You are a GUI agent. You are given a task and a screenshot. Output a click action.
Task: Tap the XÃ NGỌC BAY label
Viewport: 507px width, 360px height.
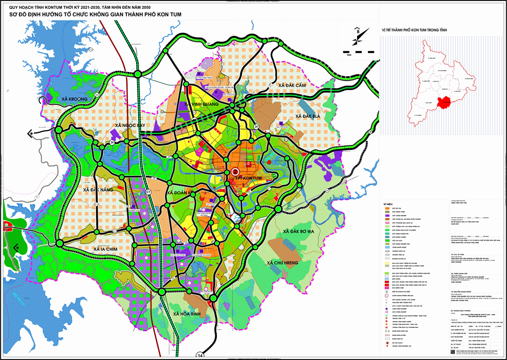(131, 125)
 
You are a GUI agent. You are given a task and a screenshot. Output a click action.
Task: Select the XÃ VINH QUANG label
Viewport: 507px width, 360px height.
(201, 103)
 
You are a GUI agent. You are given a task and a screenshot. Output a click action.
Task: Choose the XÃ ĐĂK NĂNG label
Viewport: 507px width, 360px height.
(97, 190)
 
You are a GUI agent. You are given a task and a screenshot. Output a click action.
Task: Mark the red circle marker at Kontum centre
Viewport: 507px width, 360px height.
(235, 172)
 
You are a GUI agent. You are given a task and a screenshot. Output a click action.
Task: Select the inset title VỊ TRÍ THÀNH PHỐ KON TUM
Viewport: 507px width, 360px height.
(414, 31)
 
